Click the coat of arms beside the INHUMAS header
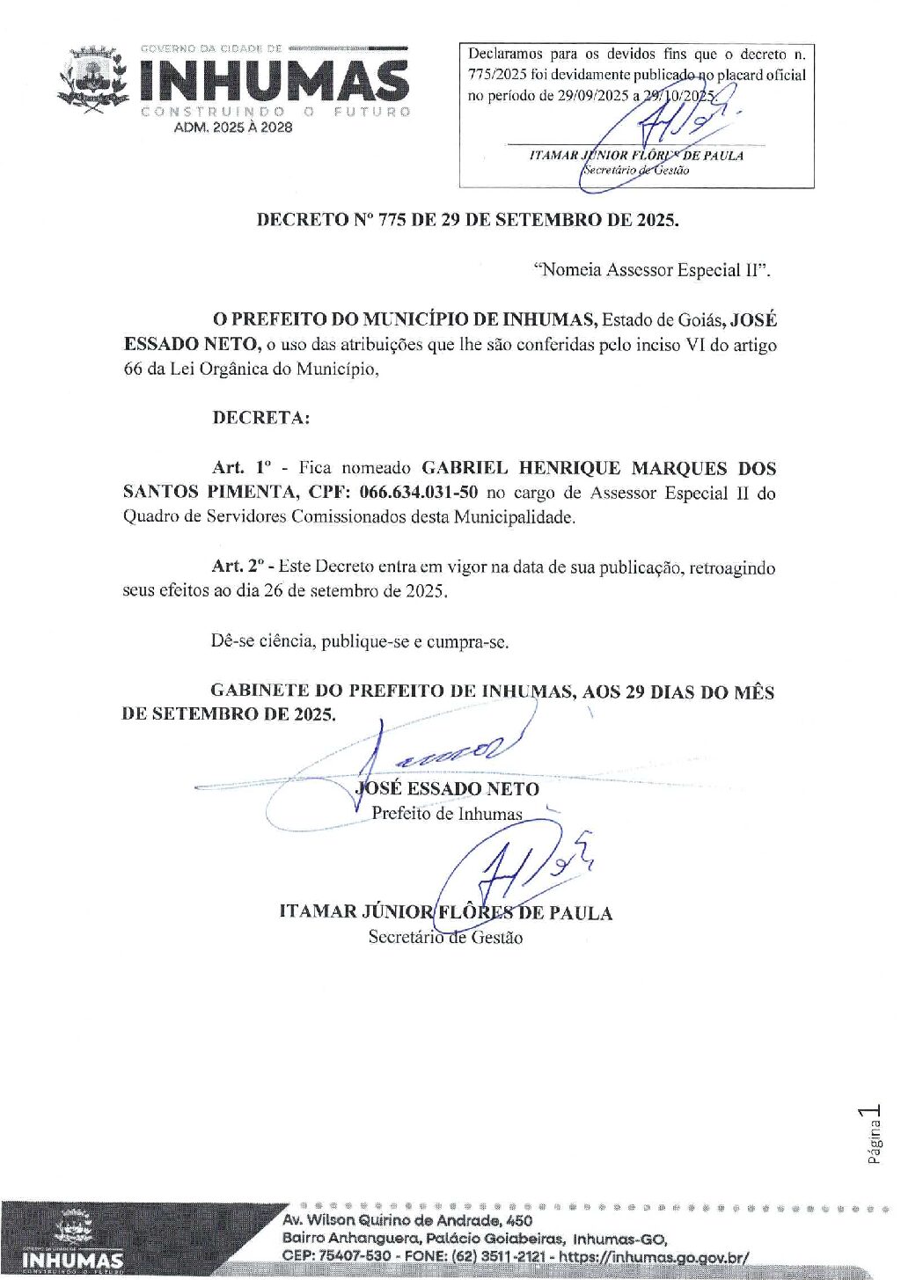coord(93,80)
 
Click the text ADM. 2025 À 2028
coord(233,128)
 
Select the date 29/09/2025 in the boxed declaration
coord(593,96)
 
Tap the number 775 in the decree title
coord(392,220)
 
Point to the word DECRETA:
coord(261,418)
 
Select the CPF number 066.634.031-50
coord(419,493)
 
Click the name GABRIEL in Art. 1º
coord(465,468)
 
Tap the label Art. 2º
coord(238,567)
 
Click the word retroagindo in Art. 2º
coord(732,567)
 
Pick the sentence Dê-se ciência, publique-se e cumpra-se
coord(360,641)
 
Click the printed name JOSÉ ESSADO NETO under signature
coord(447,789)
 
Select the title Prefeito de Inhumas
coord(447,814)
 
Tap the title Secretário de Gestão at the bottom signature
coord(445,938)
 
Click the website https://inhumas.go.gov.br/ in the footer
coord(654,1256)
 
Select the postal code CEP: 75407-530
coord(336,1256)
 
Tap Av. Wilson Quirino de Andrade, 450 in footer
coord(407,1220)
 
